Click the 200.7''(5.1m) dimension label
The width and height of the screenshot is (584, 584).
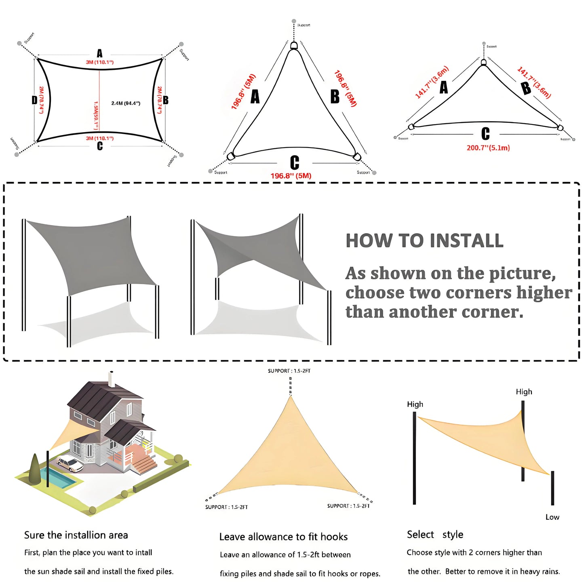click(x=488, y=148)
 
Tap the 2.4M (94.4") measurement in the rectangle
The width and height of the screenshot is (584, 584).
click(x=126, y=103)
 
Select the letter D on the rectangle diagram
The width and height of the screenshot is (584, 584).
click(x=34, y=100)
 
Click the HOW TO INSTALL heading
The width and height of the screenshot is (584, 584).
click(x=424, y=241)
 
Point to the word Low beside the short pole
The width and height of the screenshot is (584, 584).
click(x=552, y=517)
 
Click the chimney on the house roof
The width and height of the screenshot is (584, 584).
click(x=111, y=379)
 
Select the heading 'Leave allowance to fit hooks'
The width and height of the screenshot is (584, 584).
click(x=283, y=537)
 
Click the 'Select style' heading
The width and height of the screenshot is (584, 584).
click(x=435, y=535)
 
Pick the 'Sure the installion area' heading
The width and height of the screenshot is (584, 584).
click(x=76, y=535)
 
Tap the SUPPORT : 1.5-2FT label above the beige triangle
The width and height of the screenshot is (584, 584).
click(x=289, y=371)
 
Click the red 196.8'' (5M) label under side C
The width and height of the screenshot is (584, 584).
click(x=291, y=176)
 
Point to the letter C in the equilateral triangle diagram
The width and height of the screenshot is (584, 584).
click(x=295, y=162)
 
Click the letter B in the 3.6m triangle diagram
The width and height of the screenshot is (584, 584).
click(x=525, y=88)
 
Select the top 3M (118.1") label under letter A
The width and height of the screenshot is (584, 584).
click(x=99, y=62)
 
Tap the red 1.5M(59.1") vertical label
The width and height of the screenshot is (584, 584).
click(x=96, y=116)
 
